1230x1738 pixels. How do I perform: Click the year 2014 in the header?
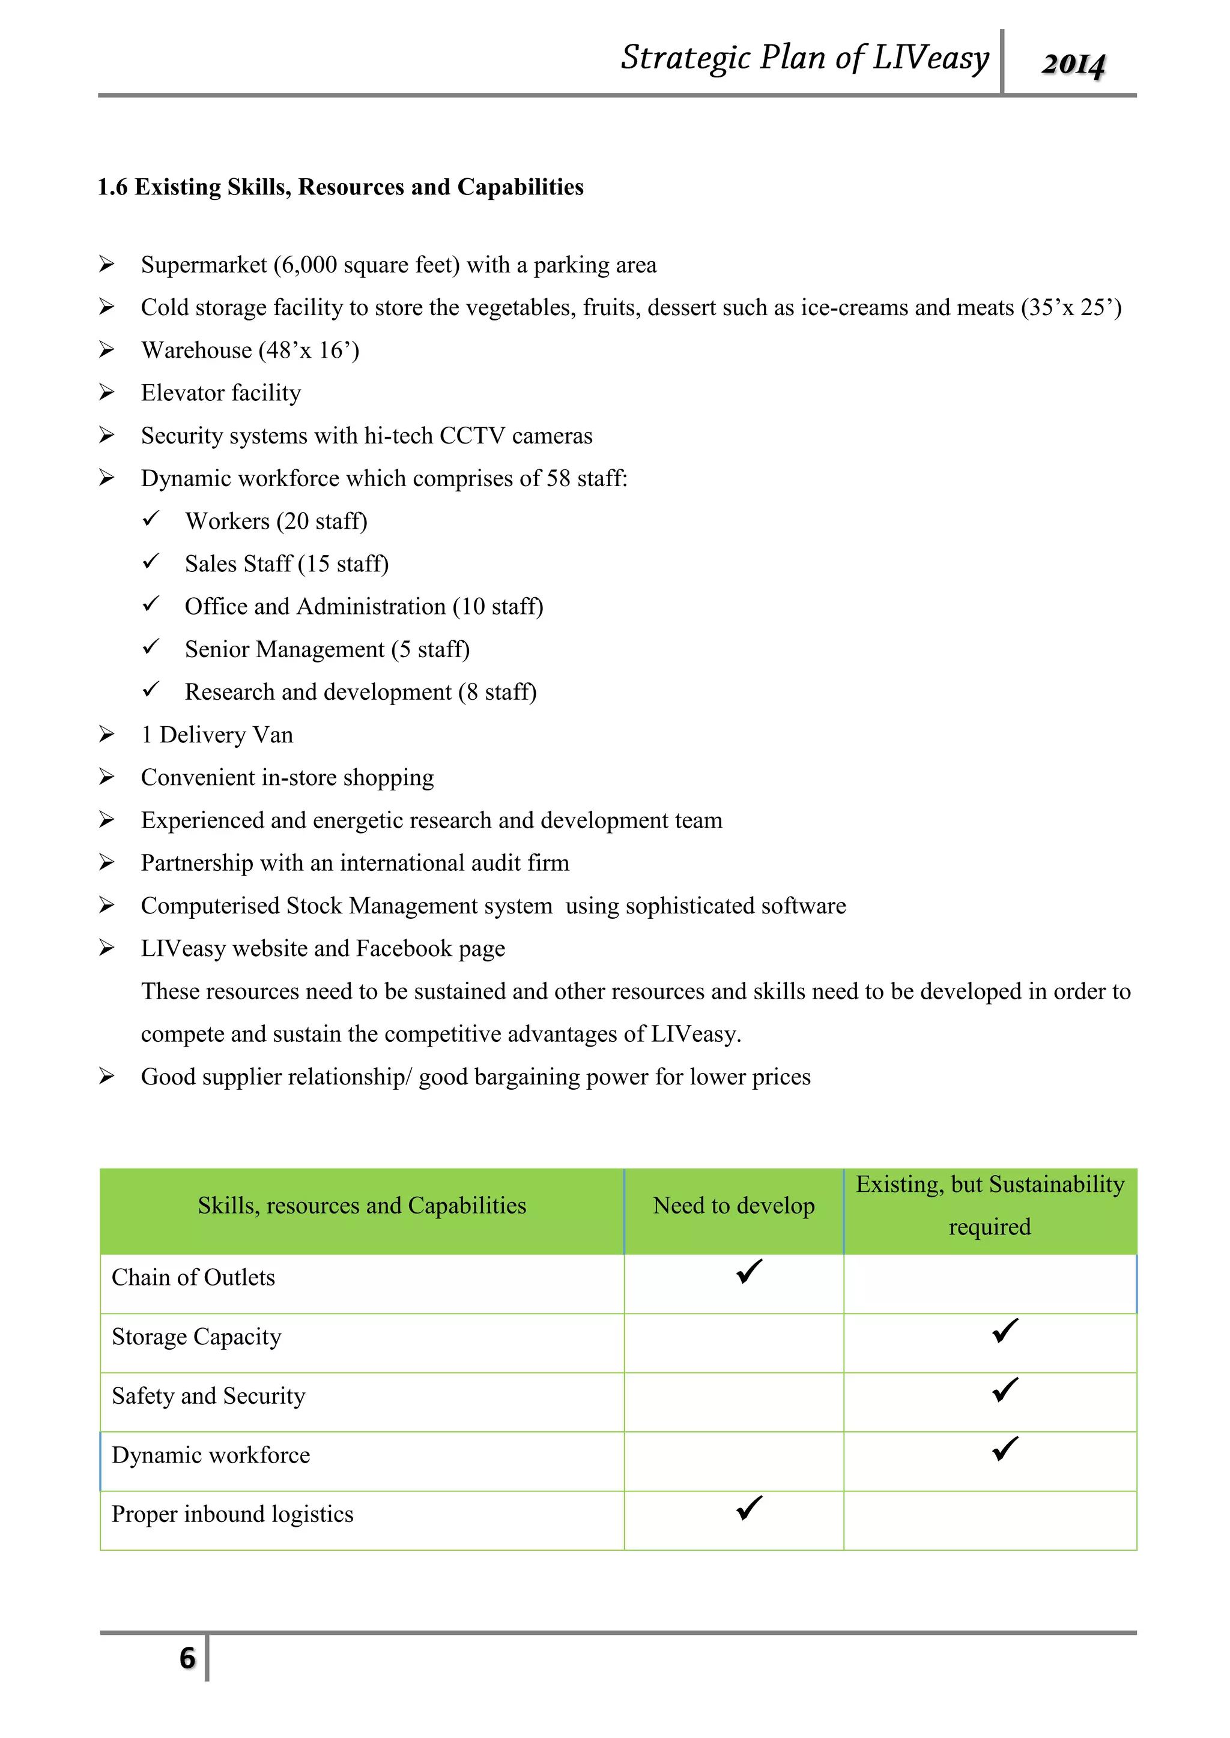tap(1073, 64)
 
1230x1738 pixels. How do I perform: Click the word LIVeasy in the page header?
tap(930, 58)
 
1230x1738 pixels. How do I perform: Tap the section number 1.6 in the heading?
tap(112, 187)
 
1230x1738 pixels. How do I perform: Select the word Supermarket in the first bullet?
tap(204, 265)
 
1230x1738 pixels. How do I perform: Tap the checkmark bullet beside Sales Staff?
tap(151, 562)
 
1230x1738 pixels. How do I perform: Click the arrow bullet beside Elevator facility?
tap(107, 392)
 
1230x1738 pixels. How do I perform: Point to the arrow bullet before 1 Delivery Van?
tap(107, 734)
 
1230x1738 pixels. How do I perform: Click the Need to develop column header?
tap(733, 1206)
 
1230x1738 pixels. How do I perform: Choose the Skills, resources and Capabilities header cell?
tap(362, 1206)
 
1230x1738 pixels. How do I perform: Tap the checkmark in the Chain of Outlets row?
tap(749, 1272)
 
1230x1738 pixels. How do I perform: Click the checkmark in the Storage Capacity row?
tap(1004, 1331)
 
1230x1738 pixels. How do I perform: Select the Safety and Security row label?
tap(208, 1396)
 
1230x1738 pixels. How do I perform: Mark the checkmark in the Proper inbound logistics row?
tap(749, 1508)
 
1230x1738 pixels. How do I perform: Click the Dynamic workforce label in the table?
tap(211, 1455)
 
